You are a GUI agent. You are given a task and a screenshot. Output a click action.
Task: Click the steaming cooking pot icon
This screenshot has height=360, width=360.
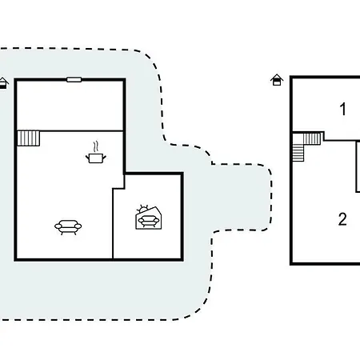[x=96, y=153]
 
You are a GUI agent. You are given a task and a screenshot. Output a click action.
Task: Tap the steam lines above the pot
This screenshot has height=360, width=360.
[x=96, y=146]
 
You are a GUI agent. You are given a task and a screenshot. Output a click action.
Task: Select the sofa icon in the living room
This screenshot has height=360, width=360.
[x=68, y=227]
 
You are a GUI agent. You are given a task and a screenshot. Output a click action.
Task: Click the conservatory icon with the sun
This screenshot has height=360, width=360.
[x=149, y=218]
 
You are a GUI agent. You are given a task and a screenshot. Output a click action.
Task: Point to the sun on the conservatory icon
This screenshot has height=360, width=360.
[x=142, y=209]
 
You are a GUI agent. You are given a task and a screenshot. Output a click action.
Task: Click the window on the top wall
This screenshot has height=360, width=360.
[x=74, y=79]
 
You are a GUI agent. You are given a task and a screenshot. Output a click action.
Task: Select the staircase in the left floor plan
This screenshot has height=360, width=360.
[x=29, y=138]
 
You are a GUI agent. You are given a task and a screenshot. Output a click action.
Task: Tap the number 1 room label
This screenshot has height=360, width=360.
[x=343, y=109]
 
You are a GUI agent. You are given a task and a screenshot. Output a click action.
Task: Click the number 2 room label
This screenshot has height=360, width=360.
[x=342, y=219]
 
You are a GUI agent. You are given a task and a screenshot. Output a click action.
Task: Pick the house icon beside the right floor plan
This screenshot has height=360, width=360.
[x=277, y=80]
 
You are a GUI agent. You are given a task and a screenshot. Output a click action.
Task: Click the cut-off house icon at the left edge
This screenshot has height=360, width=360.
[x=3, y=83]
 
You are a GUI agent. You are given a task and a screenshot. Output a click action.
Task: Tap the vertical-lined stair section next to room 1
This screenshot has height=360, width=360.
[x=312, y=138]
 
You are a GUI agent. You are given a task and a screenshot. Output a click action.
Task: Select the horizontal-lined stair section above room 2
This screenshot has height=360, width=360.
[x=298, y=153]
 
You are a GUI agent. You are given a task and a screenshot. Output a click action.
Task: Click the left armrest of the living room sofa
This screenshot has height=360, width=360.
[x=58, y=226]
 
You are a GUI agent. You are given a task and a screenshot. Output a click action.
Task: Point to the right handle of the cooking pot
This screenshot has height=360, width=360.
[x=104, y=158]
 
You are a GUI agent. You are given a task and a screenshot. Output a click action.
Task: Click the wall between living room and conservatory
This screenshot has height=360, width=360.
[x=113, y=223]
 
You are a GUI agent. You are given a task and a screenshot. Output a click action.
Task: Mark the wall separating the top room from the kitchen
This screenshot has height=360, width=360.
[x=70, y=130]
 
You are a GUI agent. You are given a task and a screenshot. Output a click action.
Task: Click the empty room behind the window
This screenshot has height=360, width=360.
[x=70, y=105]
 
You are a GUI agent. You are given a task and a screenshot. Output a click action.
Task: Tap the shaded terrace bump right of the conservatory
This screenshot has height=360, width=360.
[x=242, y=198]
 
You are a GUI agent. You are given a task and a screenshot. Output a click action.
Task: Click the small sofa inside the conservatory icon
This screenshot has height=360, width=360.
[x=149, y=221]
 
